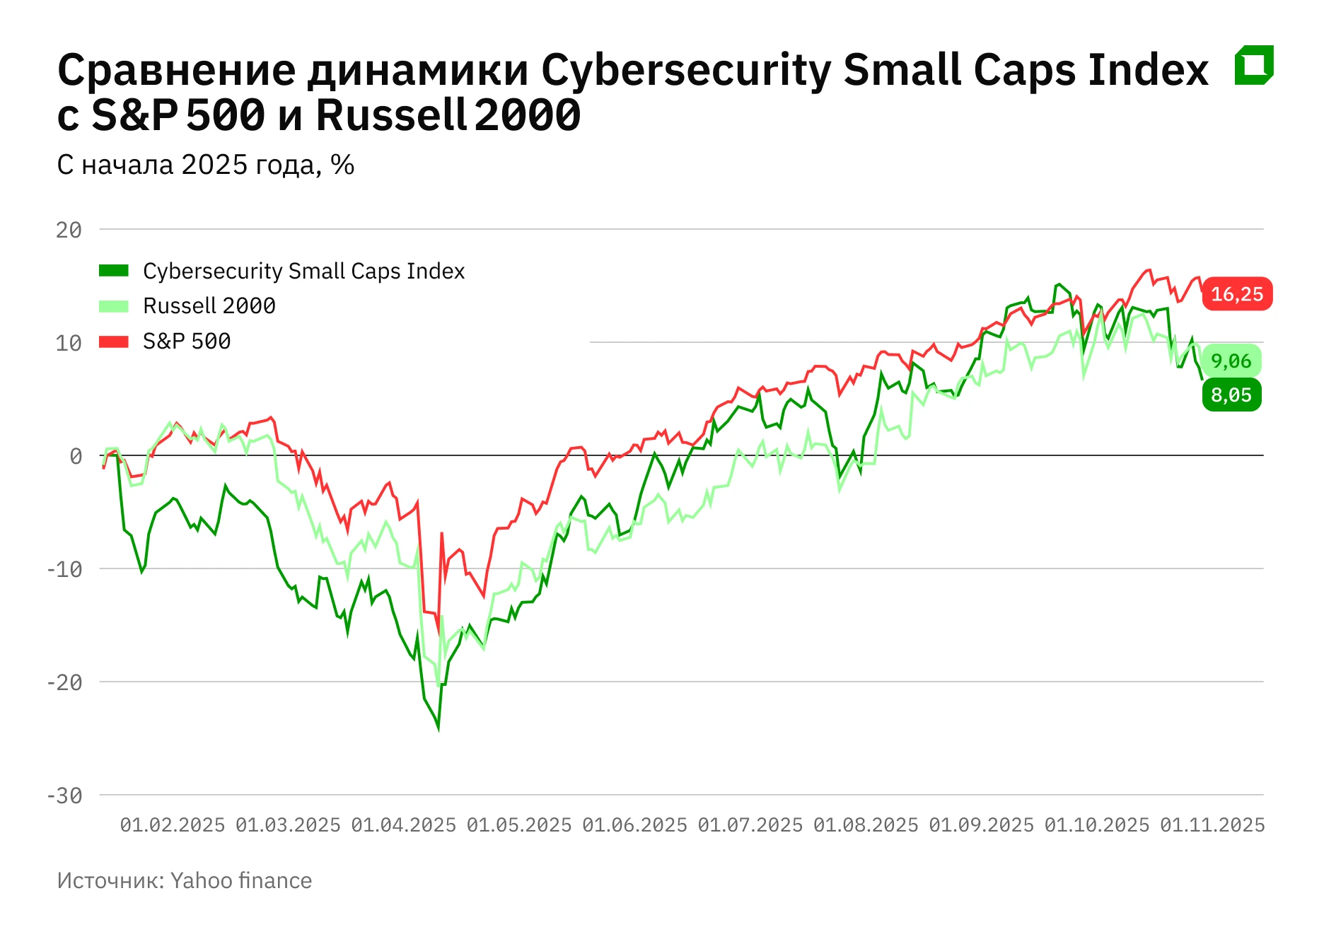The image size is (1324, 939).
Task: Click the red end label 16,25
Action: [1237, 294]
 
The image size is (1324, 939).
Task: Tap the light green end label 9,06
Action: [1231, 361]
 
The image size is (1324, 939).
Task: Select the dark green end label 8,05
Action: [1231, 395]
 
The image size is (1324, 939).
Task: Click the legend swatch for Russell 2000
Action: [113, 306]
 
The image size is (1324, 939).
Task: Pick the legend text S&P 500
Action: [187, 342]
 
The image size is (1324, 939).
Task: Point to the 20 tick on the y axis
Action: [69, 230]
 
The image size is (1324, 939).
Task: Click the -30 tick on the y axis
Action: [64, 795]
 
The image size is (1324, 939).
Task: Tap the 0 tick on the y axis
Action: [75, 456]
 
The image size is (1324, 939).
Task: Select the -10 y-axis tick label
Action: [64, 569]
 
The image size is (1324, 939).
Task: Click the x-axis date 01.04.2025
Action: [403, 825]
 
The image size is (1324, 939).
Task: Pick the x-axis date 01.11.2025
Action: [1212, 825]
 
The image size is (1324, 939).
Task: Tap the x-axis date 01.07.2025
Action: [750, 825]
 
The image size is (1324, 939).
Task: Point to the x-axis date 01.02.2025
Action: [172, 825]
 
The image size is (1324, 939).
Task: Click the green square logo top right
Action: [1254, 65]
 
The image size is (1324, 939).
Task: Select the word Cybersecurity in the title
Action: [685, 70]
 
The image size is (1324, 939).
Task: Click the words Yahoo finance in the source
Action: [240, 880]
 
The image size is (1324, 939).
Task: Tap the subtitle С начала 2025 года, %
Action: [205, 165]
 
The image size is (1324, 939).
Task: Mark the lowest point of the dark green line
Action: [439, 728]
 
